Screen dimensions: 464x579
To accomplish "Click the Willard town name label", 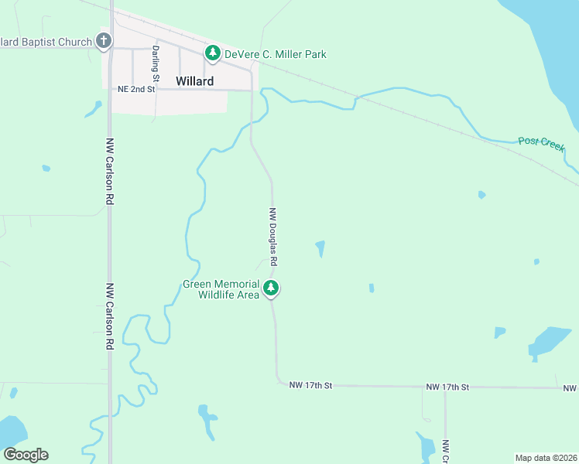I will [194, 80].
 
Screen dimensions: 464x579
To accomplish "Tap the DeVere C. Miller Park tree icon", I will [213, 53].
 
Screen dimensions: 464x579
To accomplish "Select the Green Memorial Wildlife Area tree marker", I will [271, 288].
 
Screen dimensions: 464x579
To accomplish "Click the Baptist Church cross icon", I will [104, 41].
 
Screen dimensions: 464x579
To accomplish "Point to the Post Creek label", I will [541, 143].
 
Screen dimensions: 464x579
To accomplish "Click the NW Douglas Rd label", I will [273, 237].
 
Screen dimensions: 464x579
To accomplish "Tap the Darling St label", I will [156, 64].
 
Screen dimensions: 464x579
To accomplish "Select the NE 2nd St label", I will [137, 90].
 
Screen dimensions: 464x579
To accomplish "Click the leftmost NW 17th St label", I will [310, 384].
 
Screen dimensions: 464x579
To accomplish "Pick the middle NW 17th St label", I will [447, 386].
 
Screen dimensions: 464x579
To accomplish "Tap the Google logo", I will [26, 455].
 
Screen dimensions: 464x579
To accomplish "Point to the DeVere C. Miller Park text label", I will [276, 54].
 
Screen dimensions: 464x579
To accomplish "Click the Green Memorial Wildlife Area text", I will [221, 289].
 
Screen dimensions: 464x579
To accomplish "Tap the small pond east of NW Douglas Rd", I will [320, 248].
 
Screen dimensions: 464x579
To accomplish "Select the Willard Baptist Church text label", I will [46, 42].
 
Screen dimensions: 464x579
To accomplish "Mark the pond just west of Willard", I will [93, 109].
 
